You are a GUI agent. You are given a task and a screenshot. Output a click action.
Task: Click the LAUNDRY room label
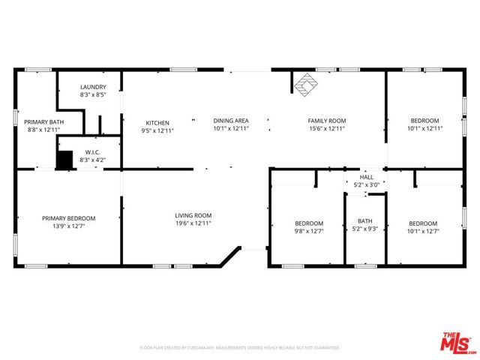click(x=93, y=87)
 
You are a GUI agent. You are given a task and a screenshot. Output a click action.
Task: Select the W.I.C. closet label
click(x=93, y=152)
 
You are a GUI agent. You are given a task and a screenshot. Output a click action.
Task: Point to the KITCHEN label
click(x=157, y=122)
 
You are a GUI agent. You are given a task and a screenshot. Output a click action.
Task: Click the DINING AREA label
click(x=231, y=120)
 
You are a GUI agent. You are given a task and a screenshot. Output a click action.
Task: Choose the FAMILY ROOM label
click(x=327, y=120)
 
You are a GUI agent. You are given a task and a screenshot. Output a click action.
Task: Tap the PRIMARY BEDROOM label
click(x=68, y=218)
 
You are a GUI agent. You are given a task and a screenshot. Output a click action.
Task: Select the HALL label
click(x=367, y=177)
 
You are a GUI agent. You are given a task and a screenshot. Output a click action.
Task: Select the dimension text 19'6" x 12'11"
click(x=193, y=223)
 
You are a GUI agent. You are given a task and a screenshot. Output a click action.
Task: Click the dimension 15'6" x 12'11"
click(x=327, y=128)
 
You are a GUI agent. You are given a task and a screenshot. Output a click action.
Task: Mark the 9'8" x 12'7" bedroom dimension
click(x=308, y=232)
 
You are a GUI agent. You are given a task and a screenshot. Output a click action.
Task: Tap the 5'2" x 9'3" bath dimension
click(x=365, y=229)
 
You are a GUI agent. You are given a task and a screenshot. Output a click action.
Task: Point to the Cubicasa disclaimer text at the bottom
click(x=240, y=348)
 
